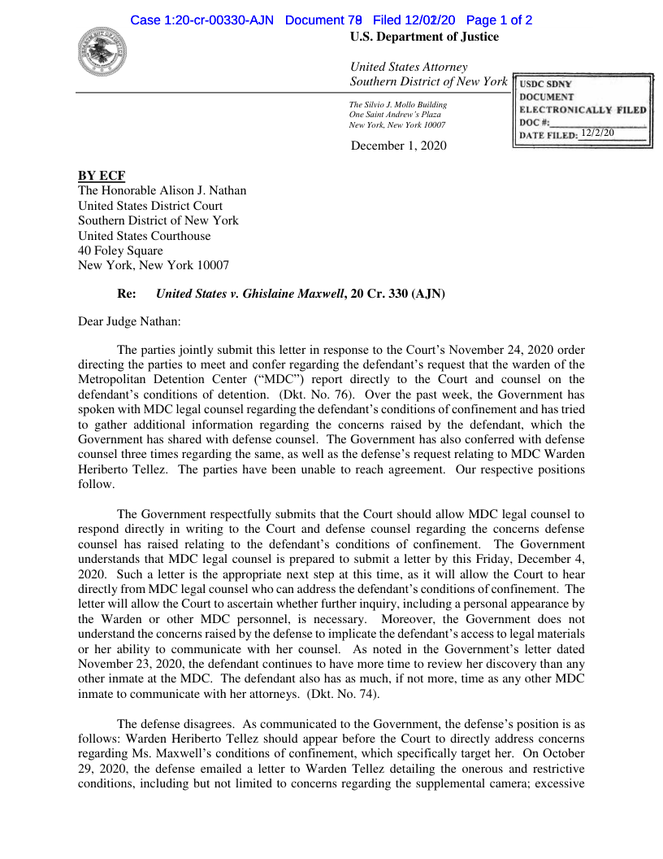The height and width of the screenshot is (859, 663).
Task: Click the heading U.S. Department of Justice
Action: (x=424, y=37)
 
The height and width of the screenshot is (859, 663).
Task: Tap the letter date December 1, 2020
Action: (x=398, y=146)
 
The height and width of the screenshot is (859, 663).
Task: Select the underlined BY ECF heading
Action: (x=102, y=176)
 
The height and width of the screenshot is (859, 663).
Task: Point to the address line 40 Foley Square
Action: (x=120, y=251)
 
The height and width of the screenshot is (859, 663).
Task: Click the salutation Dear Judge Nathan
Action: (x=129, y=321)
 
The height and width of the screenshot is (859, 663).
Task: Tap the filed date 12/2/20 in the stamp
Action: (x=598, y=133)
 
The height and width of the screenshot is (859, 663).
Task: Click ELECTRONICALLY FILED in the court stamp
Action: (x=583, y=110)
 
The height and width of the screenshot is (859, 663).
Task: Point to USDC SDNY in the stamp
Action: (x=545, y=85)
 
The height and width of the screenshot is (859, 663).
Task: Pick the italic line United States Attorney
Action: (x=409, y=67)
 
